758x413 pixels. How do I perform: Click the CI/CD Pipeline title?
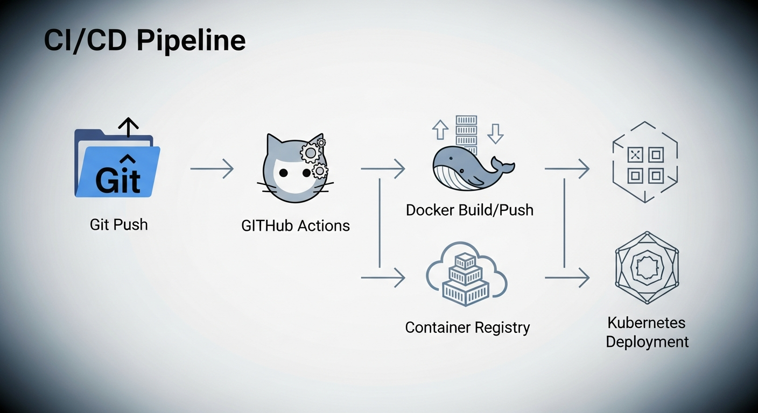144,40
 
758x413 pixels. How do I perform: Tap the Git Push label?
118,224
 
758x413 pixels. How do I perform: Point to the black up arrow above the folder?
128,127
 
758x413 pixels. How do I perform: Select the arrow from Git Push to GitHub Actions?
212,169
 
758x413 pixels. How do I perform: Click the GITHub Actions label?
296,225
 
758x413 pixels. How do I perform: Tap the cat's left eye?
282,173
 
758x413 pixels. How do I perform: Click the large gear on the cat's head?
310,153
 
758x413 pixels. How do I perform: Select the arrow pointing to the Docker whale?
383,169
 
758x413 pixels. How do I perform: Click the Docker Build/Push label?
469,210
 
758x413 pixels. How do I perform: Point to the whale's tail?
503,165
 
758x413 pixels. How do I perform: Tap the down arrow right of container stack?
495,132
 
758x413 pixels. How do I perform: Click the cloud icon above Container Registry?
466,274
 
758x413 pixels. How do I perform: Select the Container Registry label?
467,327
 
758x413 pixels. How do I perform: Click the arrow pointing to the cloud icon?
383,277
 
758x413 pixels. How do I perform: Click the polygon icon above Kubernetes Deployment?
647,268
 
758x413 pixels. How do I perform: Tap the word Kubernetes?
646,323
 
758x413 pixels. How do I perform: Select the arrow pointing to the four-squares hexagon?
567,169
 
